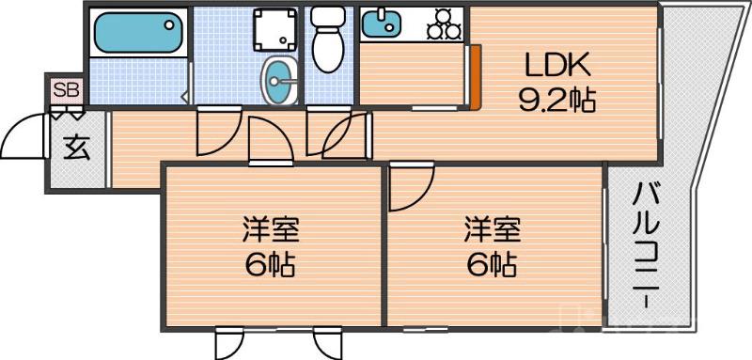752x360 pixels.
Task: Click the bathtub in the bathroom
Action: [136, 34]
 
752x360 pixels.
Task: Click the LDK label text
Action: [556, 66]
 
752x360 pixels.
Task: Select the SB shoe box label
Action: [67, 90]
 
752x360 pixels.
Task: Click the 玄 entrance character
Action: [76, 148]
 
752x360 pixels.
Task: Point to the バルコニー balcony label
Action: [645, 244]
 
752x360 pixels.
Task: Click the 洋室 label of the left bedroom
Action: [270, 230]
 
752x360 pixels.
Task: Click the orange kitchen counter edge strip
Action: [477, 76]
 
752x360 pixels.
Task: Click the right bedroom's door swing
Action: [411, 188]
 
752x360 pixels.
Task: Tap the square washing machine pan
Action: [277, 30]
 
